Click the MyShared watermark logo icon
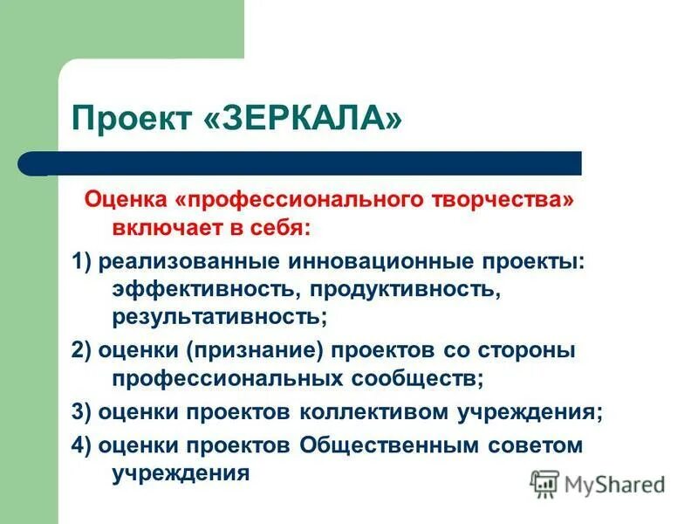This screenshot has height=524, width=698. [x=544, y=483]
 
